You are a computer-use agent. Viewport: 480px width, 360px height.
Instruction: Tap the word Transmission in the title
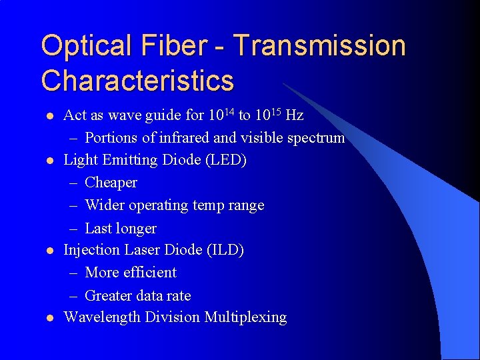click(320, 47)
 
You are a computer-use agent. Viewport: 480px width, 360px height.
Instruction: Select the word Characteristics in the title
click(137, 81)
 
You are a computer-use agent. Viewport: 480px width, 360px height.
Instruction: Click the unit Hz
click(294, 115)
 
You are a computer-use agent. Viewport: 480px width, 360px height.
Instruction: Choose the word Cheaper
click(111, 183)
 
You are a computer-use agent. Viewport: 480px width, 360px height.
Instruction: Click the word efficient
click(149, 273)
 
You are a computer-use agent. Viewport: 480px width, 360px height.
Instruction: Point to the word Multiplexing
click(246, 317)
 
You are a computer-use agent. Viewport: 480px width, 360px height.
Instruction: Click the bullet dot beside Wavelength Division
click(48, 318)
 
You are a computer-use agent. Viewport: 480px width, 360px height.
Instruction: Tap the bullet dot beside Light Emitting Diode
click(48, 161)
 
